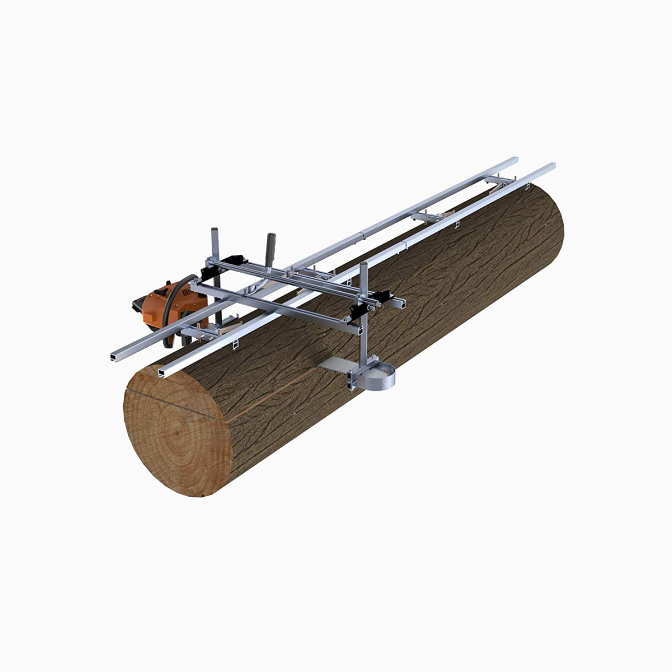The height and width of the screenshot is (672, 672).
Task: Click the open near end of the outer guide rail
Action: (x=117, y=356)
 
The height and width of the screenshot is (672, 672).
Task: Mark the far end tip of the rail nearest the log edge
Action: (x=552, y=166)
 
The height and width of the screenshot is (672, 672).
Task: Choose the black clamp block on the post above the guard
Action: (x=385, y=297)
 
